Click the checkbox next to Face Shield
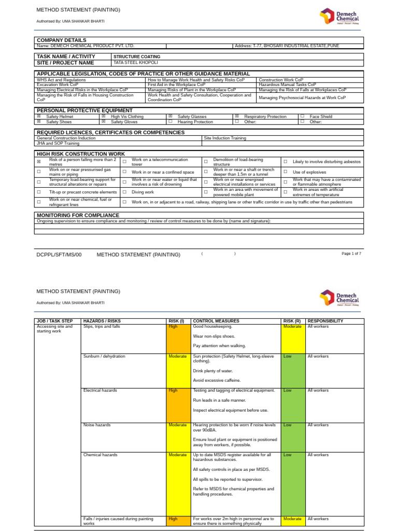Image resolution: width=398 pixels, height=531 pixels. coord(302,117)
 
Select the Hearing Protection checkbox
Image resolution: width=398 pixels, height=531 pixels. coord(170,122)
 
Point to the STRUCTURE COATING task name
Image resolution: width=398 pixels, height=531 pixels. coord(137,57)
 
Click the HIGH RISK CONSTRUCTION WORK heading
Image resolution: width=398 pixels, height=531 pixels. coord(80,154)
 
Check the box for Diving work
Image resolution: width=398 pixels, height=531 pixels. coord(124,192)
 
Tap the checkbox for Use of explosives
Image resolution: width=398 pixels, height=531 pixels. coord(286,172)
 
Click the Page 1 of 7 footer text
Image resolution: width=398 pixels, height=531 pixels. coord(351,254)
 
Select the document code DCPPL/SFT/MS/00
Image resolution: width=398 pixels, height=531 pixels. coord(59,255)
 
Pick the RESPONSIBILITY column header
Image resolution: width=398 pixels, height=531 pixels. coord(325,321)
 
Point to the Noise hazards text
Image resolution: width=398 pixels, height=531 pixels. coord(97,425)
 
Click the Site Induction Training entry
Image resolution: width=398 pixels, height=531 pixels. coord(225,138)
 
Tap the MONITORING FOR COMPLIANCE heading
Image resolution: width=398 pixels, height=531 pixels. coord(78,215)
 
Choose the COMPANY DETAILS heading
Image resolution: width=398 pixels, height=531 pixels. coord(61,40)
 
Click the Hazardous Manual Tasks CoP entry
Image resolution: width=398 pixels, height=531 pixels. coord(287,85)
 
